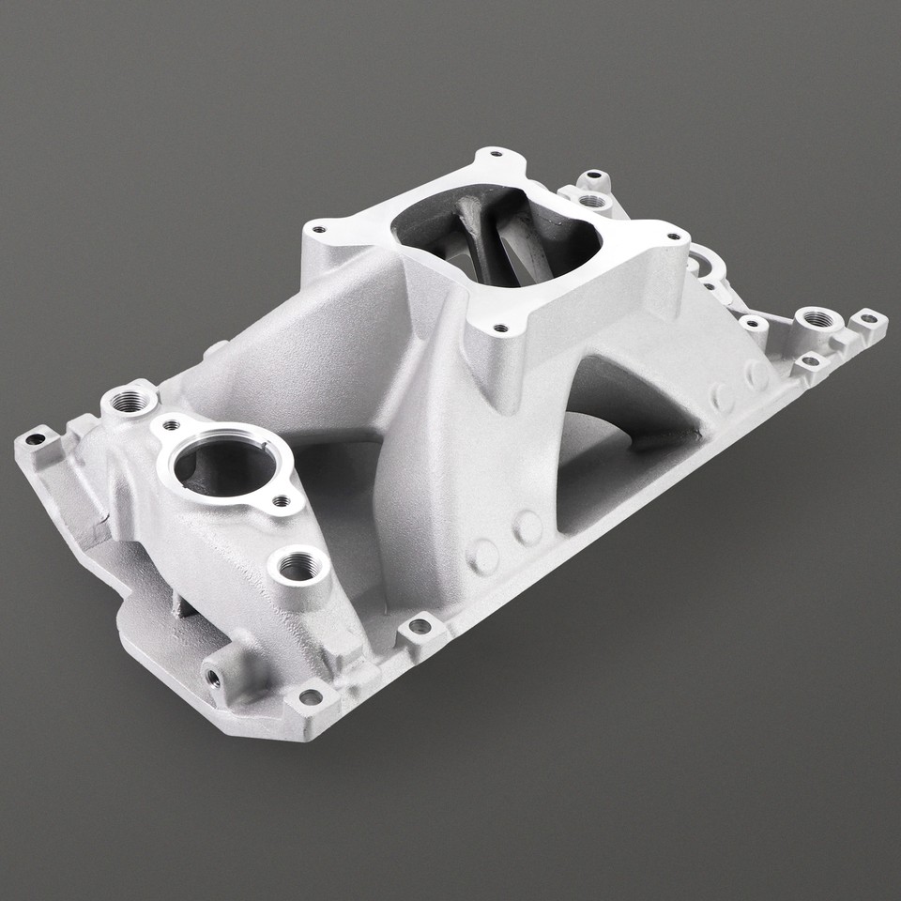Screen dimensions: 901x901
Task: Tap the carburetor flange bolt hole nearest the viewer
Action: [x=499, y=328]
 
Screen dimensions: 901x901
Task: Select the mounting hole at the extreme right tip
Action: [x=869, y=319]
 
